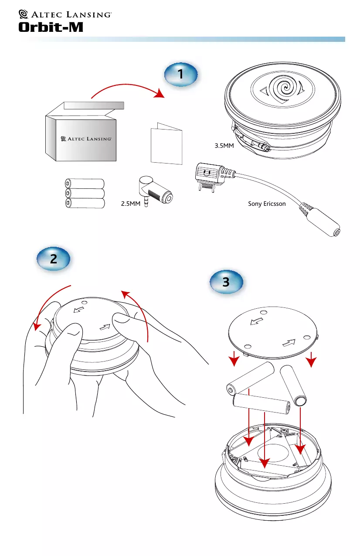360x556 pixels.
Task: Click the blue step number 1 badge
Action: (181, 76)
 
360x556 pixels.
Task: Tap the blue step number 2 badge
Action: (53, 259)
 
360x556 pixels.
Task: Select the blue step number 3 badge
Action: (226, 283)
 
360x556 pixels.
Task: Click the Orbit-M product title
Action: (51, 27)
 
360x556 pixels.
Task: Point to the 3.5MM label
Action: (225, 146)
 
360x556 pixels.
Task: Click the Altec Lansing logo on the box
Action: (87, 138)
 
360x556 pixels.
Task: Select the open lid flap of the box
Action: (94, 105)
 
